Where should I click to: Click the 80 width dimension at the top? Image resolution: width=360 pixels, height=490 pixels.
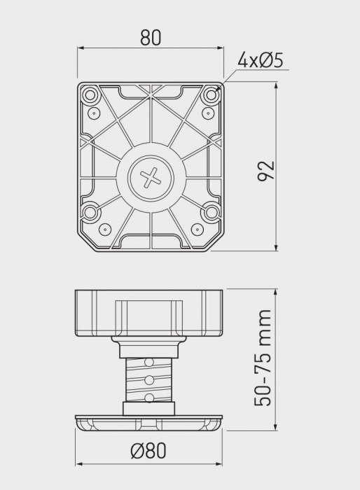(x=151, y=38)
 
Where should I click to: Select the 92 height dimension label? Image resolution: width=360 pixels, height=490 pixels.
(x=266, y=171)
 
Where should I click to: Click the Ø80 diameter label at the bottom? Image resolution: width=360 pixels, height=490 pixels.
(x=148, y=451)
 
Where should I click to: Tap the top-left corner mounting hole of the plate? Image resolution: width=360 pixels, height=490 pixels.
(x=90, y=94)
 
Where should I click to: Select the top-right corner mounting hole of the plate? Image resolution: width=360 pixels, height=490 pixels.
(x=212, y=94)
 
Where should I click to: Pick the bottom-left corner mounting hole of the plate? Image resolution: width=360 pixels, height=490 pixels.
(x=90, y=213)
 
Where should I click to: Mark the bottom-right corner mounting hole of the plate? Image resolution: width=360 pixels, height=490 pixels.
(x=212, y=213)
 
